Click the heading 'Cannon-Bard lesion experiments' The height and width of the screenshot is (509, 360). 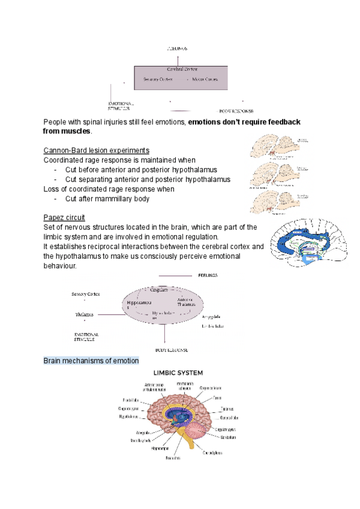(96, 150)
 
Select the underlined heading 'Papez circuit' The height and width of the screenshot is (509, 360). (64, 217)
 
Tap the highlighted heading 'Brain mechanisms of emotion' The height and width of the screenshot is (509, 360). (91, 361)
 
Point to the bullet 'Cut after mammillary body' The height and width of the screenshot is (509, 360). (107, 199)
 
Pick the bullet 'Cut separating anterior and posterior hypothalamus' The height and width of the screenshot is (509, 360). (148, 179)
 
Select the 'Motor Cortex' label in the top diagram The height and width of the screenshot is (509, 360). (204, 79)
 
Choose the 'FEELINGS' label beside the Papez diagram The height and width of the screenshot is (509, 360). (208, 276)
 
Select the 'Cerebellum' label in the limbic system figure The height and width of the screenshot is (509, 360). (228, 437)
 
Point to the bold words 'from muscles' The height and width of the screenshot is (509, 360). (67, 131)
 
